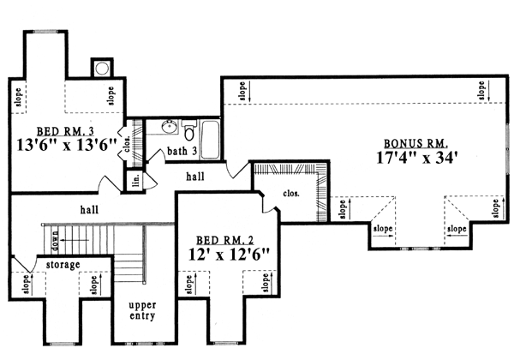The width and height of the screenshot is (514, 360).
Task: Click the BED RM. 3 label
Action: (x=65, y=131)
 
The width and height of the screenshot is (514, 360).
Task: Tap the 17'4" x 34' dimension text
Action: (x=416, y=158)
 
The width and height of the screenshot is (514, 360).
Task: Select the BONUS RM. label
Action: (x=416, y=144)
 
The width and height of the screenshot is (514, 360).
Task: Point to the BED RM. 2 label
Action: (x=224, y=240)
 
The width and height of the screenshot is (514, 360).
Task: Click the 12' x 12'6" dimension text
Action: (x=229, y=255)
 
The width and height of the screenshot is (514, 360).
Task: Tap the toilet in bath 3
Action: (x=188, y=130)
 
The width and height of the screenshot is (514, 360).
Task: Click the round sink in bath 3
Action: (x=170, y=127)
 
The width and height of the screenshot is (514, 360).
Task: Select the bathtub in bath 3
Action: (x=210, y=140)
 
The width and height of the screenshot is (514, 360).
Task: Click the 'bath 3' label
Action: (x=182, y=151)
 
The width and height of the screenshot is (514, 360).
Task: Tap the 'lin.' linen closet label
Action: (x=136, y=180)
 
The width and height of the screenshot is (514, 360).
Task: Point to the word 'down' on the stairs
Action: (x=55, y=241)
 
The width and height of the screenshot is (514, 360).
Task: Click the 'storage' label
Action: (x=63, y=264)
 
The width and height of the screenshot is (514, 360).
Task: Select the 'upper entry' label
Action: (x=142, y=310)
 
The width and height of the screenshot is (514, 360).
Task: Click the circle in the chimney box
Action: (x=102, y=69)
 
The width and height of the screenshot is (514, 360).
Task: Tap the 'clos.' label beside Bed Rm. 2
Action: (x=291, y=194)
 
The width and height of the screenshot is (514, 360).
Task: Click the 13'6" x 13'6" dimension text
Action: (x=67, y=145)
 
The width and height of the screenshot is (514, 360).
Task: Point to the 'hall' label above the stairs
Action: (x=89, y=209)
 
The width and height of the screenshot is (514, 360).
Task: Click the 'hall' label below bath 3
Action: (x=195, y=177)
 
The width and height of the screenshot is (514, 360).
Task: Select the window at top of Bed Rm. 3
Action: (x=45, y=32)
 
